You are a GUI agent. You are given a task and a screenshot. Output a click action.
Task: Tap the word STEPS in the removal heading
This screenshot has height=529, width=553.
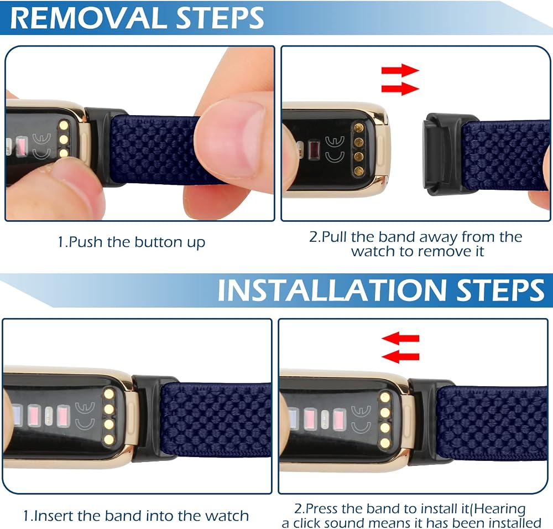220,18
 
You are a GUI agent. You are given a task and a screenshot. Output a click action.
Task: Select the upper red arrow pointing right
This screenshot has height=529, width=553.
400,70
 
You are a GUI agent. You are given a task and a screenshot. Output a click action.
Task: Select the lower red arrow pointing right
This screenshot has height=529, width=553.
400,89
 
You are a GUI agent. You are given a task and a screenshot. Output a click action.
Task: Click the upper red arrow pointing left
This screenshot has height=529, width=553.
400,339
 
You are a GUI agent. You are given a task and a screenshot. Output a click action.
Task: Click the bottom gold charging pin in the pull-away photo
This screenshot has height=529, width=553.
359,172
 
